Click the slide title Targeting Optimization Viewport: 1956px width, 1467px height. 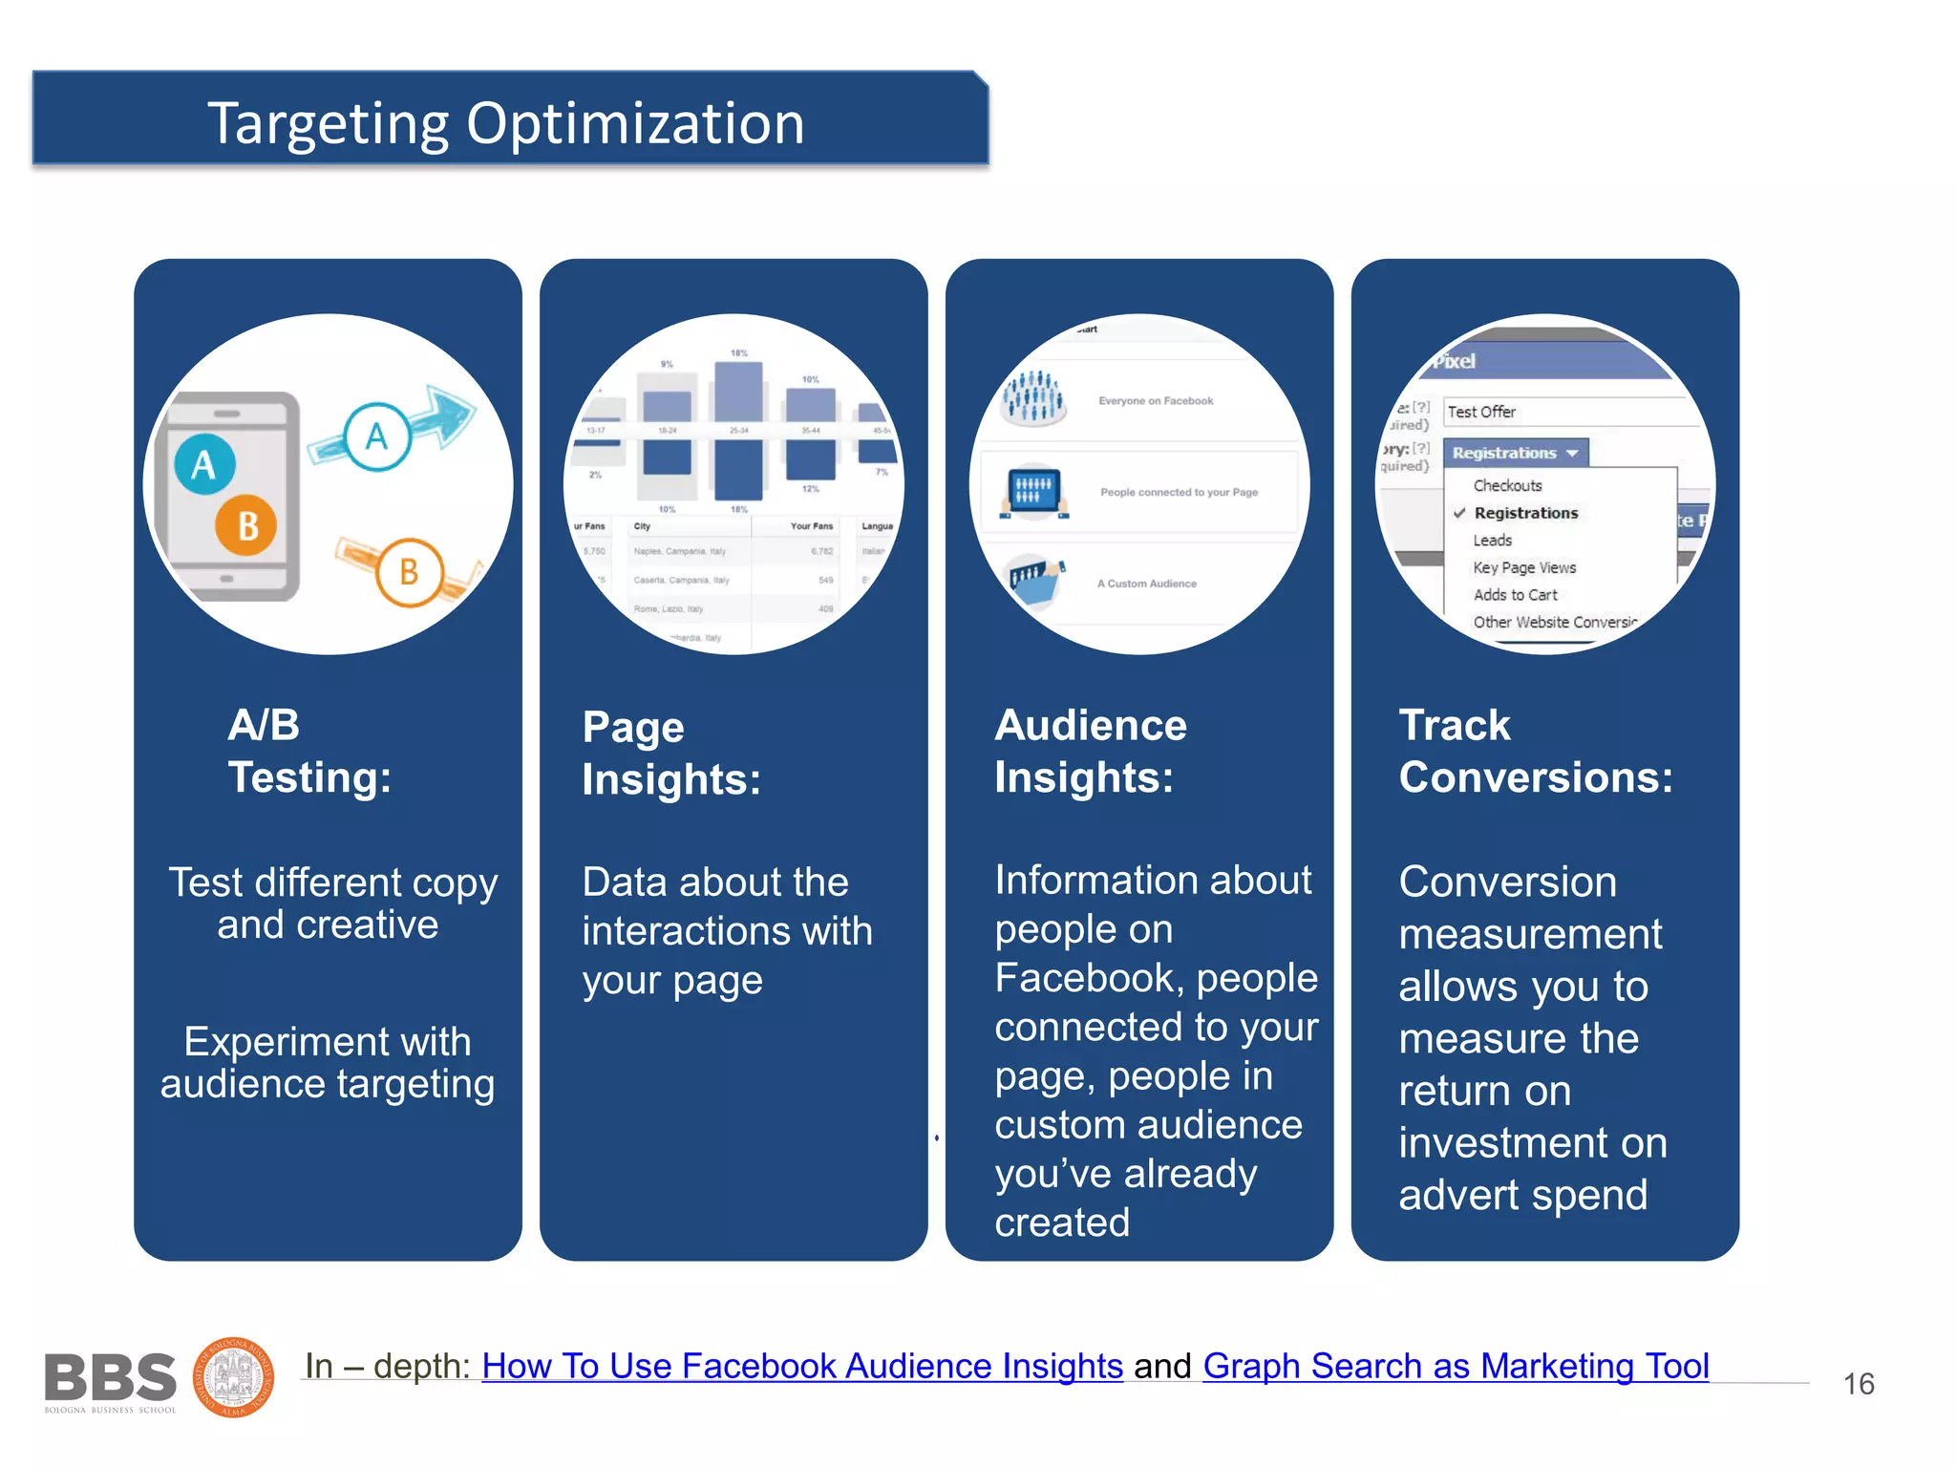click(506, 123)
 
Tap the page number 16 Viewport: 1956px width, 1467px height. click(1858, 1384)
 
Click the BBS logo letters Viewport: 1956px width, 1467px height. click(111, 1377)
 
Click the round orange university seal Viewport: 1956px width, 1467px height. click(234, 1377)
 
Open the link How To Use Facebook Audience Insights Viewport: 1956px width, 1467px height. click(802, 1366)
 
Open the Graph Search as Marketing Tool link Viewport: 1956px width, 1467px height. click(1455, 1366)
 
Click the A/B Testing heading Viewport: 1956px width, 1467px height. click(308, 751)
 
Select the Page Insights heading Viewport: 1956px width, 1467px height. click(671, 754)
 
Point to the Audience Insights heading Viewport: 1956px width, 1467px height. click(1090, 751)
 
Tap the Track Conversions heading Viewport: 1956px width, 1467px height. click(1535, 751)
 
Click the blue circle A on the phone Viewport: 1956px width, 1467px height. click(204, 465)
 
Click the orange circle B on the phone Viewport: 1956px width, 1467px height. click(246, 525)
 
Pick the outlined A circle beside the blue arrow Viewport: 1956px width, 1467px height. click(377, 436)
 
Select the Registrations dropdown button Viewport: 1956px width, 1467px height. click(1515, 453)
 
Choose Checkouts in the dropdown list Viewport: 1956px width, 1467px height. click(1507, 485)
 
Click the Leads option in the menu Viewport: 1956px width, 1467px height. click(1492, 541)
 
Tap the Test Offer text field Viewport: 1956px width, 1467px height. click(1566, 412)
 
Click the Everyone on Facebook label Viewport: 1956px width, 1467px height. click(1156, 401)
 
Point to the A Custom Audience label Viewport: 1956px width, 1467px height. click(1146, 584)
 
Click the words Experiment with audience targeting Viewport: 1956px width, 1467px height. click(328, 1063)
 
